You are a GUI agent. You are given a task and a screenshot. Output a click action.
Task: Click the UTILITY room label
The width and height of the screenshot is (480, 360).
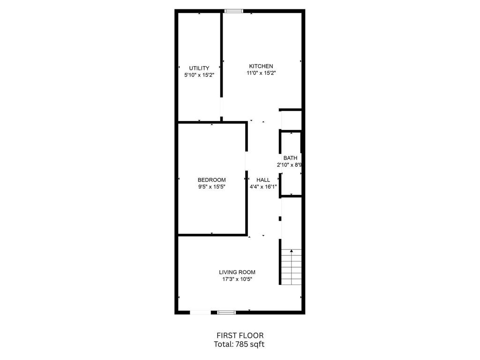point(199,68)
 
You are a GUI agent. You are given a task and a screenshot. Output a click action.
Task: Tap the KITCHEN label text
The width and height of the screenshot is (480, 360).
point(261,66)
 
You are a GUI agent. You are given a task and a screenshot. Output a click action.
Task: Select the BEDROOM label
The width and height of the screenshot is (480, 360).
point(211,180)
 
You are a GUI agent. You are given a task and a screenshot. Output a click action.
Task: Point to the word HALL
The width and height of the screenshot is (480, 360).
point(263,180)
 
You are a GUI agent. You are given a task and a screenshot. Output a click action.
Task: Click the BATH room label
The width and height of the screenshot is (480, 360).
point(290,158)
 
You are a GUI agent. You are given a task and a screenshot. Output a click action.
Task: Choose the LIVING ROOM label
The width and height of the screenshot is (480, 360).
point(237,272)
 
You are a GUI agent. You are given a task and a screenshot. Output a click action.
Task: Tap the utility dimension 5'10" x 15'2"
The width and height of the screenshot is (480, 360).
point(199,75)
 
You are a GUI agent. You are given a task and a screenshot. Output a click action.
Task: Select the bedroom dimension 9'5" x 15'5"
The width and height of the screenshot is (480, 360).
point(211,187)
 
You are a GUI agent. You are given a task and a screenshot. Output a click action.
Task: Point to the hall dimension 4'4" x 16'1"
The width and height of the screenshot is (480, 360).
point(263,187)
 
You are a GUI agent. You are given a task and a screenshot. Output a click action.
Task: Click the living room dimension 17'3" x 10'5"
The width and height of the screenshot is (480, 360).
point(237,279)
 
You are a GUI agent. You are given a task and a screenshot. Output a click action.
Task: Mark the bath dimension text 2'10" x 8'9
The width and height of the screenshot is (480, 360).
point(290,165)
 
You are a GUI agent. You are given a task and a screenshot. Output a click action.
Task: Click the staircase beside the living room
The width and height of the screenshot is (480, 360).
point(292,267)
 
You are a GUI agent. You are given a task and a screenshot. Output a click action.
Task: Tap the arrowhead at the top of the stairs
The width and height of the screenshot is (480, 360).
point(292,251)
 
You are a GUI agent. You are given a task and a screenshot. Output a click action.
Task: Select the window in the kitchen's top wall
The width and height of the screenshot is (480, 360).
point(234,11)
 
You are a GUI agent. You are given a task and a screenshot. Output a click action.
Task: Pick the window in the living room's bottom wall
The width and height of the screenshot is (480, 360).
point(226,312)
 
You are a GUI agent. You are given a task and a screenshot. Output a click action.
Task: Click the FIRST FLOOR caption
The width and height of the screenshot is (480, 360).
point(240,336)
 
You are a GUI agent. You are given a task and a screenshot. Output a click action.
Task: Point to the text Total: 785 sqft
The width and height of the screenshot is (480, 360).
point(239,345)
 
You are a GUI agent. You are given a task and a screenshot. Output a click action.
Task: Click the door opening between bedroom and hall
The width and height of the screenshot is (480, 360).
point(246,161)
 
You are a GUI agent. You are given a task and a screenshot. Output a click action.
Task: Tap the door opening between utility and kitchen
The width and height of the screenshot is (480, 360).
point(221,107)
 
